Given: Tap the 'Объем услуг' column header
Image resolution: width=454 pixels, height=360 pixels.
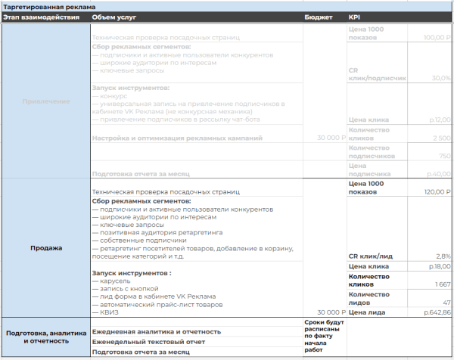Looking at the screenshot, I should [114, 17].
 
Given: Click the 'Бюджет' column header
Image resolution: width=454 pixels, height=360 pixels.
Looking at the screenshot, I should [319, 17].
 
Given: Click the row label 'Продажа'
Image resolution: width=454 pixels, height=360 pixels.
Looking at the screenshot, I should [46, 248].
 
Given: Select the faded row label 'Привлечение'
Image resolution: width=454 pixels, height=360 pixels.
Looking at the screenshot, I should [46, 101].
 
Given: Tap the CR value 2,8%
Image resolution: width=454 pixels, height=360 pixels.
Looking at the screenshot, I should [442, 256].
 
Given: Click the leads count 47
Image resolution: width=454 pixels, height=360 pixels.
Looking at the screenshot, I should [446, 301].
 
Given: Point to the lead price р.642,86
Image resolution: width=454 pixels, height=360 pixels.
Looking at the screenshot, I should [437, 312].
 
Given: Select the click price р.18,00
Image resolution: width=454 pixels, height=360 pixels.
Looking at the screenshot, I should [439, 267].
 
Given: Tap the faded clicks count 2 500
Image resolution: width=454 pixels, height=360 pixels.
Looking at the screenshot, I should [440, 138].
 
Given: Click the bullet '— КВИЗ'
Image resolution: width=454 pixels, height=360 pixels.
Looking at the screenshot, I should [106, 312].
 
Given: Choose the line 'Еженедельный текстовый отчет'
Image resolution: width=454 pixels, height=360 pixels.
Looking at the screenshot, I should [150, 342].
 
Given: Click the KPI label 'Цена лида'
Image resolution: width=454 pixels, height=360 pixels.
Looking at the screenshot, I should [366, 312].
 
